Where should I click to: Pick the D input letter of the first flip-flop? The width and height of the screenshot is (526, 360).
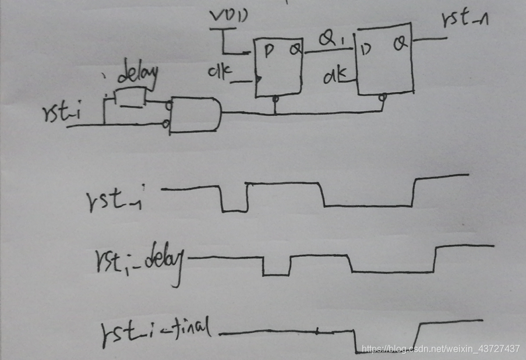269,51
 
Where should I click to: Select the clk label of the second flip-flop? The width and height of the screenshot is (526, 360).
335,74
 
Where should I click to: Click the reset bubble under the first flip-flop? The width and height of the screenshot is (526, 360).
276,100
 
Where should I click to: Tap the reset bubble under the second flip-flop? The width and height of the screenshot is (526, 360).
382,98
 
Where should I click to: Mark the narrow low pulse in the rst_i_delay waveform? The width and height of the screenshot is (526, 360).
276,266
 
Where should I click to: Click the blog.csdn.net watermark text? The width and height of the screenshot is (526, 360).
440,348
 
